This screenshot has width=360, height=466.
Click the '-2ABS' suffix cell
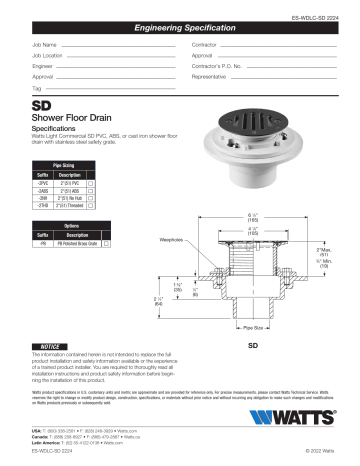(42, 193)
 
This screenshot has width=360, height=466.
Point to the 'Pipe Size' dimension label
(251, 326)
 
